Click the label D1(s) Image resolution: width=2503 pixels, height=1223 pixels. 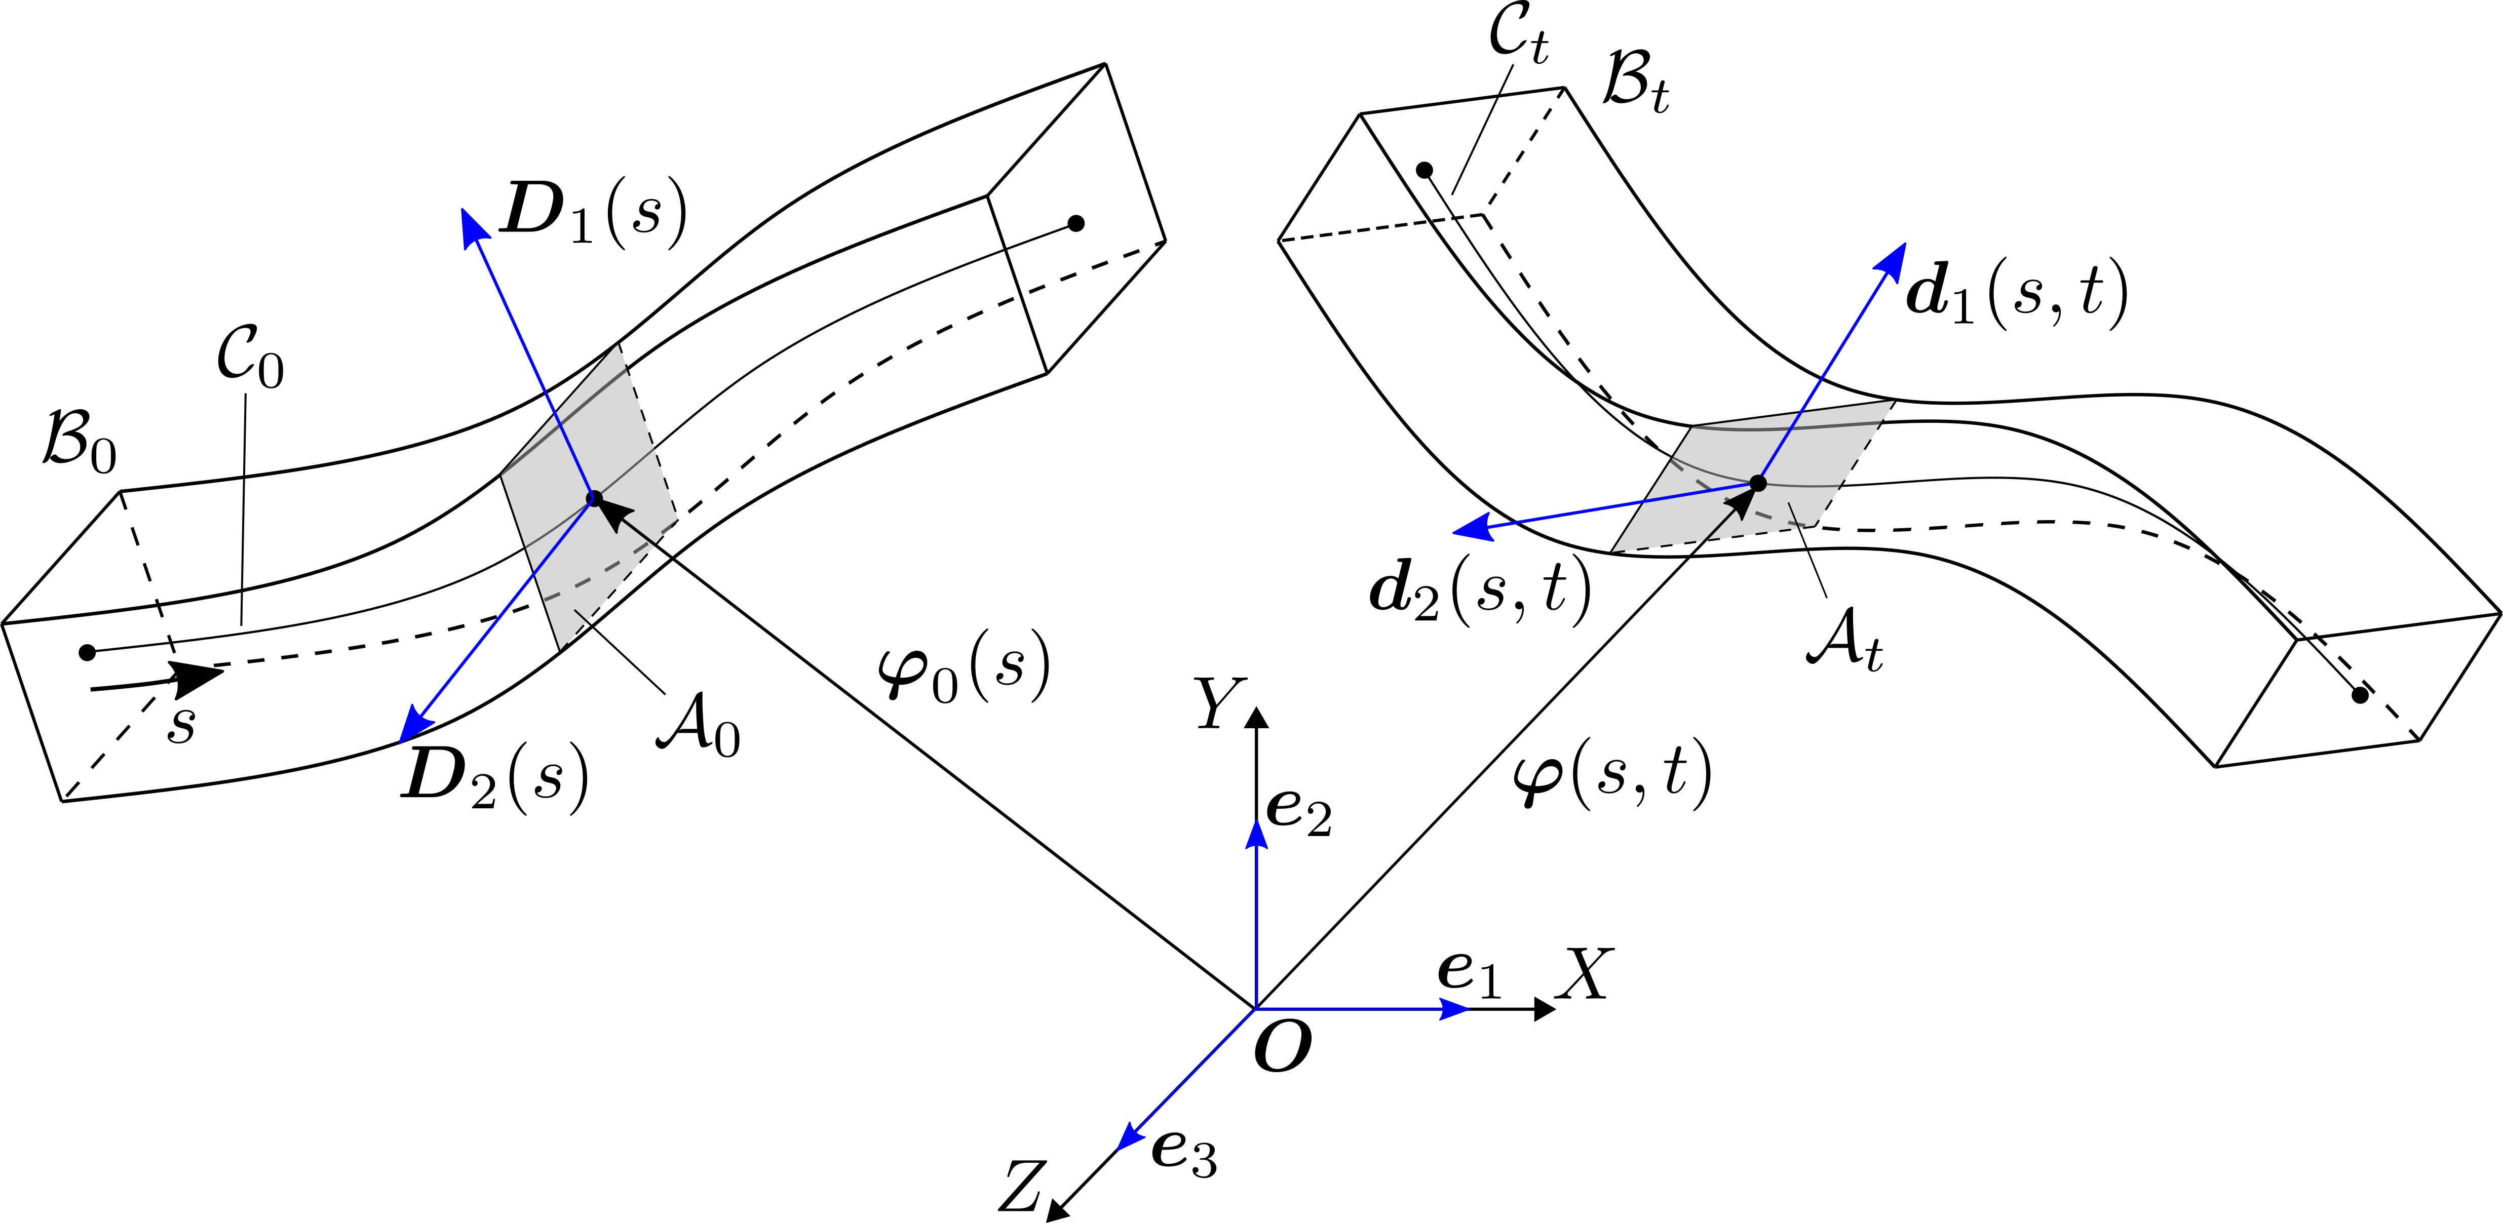[x=593, y=214]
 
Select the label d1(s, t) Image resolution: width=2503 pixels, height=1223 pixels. [x=2016, y=294]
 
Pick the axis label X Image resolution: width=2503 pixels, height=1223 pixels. [x=1584, y=974]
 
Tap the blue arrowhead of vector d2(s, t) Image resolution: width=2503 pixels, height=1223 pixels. [x=1469, y=528]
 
